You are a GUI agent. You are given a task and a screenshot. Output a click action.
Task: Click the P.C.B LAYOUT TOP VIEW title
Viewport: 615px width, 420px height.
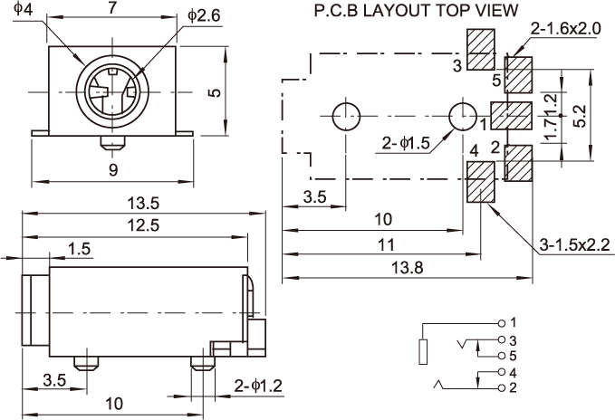416,11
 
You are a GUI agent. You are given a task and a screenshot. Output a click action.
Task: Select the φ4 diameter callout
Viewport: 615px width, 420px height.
23,9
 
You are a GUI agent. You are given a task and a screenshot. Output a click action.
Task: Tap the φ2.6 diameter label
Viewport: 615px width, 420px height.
204,15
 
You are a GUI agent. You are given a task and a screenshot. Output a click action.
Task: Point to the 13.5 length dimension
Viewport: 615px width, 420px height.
143,204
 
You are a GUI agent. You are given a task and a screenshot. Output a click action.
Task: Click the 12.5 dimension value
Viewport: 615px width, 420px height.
143,225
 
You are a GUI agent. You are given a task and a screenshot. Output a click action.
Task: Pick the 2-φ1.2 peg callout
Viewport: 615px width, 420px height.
258,386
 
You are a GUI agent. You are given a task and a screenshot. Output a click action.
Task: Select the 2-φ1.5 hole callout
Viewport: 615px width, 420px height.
406,144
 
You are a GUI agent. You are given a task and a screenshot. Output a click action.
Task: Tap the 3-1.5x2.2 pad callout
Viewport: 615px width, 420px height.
574,245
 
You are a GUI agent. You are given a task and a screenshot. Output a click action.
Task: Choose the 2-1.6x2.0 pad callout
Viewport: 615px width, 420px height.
565,29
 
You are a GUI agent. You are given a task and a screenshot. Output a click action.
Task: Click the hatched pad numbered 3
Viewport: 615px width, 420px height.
480,50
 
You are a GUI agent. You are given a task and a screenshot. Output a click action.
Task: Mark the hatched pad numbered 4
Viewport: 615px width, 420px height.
480,182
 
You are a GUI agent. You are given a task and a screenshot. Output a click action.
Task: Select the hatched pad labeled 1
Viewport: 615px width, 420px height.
512,116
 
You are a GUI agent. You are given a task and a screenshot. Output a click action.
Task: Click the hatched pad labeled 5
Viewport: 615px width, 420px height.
518,75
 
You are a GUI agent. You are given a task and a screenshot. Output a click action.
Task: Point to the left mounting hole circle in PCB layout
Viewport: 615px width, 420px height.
346,117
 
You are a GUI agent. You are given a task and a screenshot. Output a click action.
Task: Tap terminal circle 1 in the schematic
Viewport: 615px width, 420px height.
501,323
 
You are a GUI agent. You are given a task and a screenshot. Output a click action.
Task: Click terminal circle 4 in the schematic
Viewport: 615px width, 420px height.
501,371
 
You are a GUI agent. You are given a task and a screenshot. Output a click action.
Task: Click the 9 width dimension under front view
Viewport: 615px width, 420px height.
113,170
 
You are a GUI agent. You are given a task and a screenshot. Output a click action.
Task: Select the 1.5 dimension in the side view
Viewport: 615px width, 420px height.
79,249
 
